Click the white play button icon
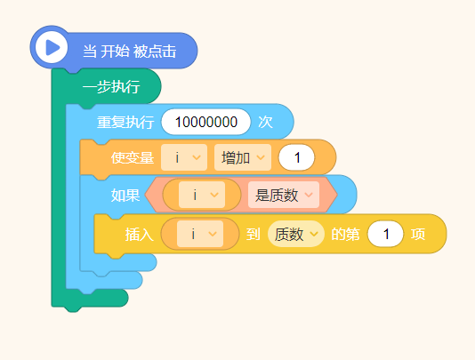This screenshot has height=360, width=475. (x=52, y=47)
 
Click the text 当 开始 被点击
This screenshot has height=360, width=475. (x=129, y=52)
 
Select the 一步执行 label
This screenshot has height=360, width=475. (x=111, y=87)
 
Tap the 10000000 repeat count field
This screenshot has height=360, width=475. (x=206, y=122)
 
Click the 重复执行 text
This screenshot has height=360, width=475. (x=125, y=123)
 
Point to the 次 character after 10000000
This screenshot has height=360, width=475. (x=265, y=123)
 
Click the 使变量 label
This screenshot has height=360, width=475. (x=133, y=157)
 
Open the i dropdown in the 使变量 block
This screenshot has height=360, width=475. (x=184, y=157)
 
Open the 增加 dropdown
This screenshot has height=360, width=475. (x=243, y=157)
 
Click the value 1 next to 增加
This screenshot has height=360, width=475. (x=296, y=157)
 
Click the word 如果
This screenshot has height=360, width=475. (x=125, y=196)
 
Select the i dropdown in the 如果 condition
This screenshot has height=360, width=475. (x=202, y=195)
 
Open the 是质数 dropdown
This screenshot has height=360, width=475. (x=284, y=195)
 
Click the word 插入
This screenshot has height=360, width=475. (x=140, y=235)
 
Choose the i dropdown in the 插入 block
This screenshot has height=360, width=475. (x=200, y=234)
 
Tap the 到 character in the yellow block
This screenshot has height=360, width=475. (x=253, y=235)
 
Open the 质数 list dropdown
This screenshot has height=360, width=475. (x=296, y=234)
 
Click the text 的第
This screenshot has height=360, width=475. (x=345, y=235)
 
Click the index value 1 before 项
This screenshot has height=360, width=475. (x=385, y=234)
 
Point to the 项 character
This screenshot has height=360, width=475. (x=418, y=235)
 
